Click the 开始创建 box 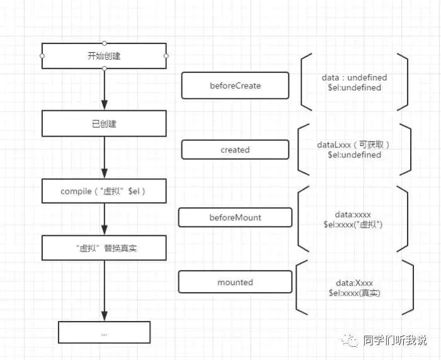click(x=104, y=56)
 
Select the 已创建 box click(x=104, y=123)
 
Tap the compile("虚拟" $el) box click(x=104, y=191)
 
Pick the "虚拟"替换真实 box click(x=104, y=248)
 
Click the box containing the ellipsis click(x=104, y=332)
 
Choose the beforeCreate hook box click(x=235, y=85)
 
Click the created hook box click(x=235, y=150)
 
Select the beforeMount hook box click(x=235, y=217)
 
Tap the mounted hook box click(x=235, y=283)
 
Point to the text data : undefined click(x=354, y=77)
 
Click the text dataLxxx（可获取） click(x=354, y=145)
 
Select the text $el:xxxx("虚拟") click(x=355, y=224)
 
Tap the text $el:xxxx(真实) click(x=355, y=293)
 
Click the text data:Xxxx click(x=355, y=283)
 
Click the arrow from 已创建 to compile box click(x=104, y=157)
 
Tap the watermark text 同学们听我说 click(x=395, y=340)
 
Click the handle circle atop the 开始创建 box click(x=104, y=43)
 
